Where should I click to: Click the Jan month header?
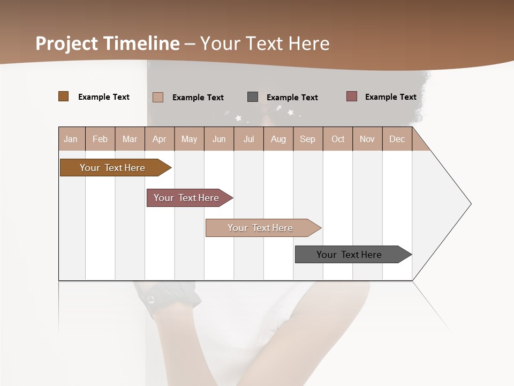(71, 139)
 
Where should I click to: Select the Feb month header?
(100, 139)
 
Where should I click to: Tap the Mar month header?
(130, 139)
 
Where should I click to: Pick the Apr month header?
(160, 139)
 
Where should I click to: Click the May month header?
(189, 139)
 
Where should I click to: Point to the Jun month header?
(219, 139)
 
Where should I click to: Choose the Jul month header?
(248, 139)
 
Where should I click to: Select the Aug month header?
(278, 139)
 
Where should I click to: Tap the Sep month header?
(308, 139)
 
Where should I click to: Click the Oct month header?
(338, 139)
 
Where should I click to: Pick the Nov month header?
(367, 139)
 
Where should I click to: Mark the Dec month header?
(397, 139)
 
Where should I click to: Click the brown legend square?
(64, 96)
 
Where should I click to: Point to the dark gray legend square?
(253, 96)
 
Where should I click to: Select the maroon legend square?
(352, 96)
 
